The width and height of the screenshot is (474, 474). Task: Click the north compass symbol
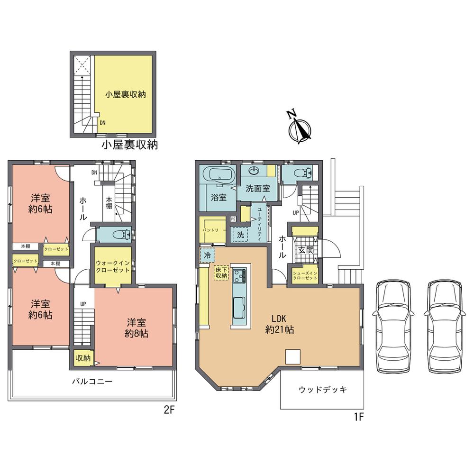(300, 127)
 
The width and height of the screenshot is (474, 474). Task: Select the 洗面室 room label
(257, 188)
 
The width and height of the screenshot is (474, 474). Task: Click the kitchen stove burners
(239, 274)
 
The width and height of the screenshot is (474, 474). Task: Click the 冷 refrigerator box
(207, 255)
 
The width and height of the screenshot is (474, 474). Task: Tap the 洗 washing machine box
(240, 234)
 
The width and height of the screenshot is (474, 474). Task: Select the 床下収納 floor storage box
(221, 273)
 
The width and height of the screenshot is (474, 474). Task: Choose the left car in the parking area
(393, 327)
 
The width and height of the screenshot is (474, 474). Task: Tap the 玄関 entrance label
(303, 250)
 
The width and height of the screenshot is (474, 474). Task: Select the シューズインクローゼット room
(304, 276)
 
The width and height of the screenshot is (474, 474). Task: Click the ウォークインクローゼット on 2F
(112, 266)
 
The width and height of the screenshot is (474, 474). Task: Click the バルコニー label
(92, 381)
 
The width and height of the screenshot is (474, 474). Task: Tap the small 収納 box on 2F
(83, 358)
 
